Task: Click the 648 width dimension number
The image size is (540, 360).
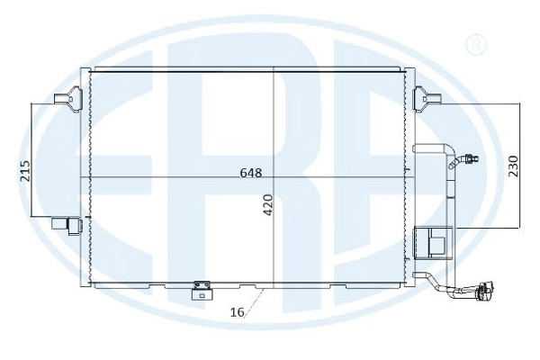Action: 251,172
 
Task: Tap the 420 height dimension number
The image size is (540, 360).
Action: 267,205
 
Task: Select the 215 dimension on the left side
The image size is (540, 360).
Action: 25,171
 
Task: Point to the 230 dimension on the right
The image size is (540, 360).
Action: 513,166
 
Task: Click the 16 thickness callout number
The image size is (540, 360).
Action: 237,312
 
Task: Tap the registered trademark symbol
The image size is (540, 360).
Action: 476,45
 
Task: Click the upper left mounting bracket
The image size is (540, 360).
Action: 68,99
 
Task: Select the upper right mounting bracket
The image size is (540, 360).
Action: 427,99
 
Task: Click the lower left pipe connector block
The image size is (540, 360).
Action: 67,226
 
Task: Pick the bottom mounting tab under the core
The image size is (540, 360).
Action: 202,290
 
